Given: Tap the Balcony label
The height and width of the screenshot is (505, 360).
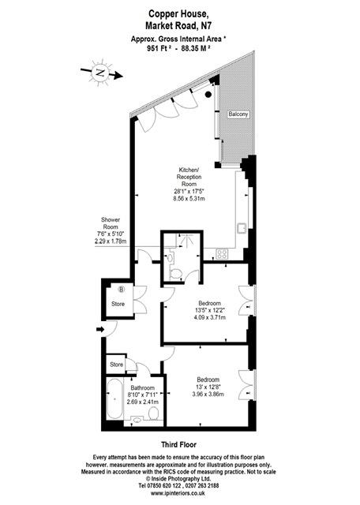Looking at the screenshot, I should (238, 114).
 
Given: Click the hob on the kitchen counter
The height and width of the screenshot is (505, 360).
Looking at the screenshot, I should (223, 253).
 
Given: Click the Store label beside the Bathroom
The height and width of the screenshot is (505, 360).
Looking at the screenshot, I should (117, 365).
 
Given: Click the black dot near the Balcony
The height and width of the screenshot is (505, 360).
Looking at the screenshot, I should (208, 94).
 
